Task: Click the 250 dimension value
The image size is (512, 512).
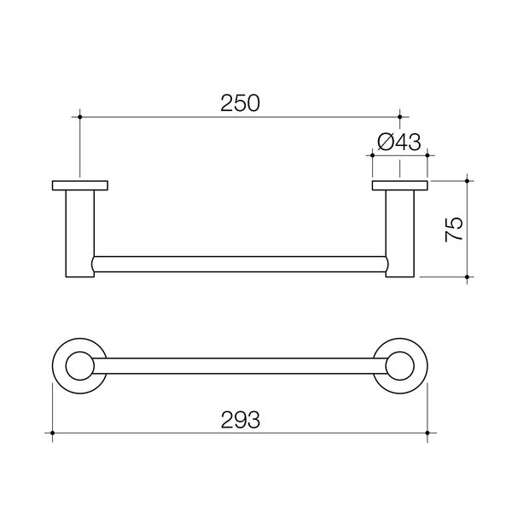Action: coord(239,103)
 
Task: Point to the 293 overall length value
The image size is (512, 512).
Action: coord(240,419)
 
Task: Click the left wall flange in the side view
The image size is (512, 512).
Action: coord(80,185)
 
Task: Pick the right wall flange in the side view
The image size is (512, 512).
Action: coord(400,185)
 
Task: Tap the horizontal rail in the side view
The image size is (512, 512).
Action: coord(239,265)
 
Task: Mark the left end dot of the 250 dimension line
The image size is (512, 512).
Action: coord(79,115)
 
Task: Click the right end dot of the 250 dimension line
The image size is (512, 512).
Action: coord(400,115)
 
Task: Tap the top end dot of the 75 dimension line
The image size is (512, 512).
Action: coord(468,180)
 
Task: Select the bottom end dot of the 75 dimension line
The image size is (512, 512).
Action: coord(468,278)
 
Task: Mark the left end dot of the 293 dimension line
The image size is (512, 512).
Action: coord(53,434)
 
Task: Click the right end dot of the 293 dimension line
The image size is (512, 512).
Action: coord(428,434)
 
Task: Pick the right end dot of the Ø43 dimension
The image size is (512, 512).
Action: coord(428,156)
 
